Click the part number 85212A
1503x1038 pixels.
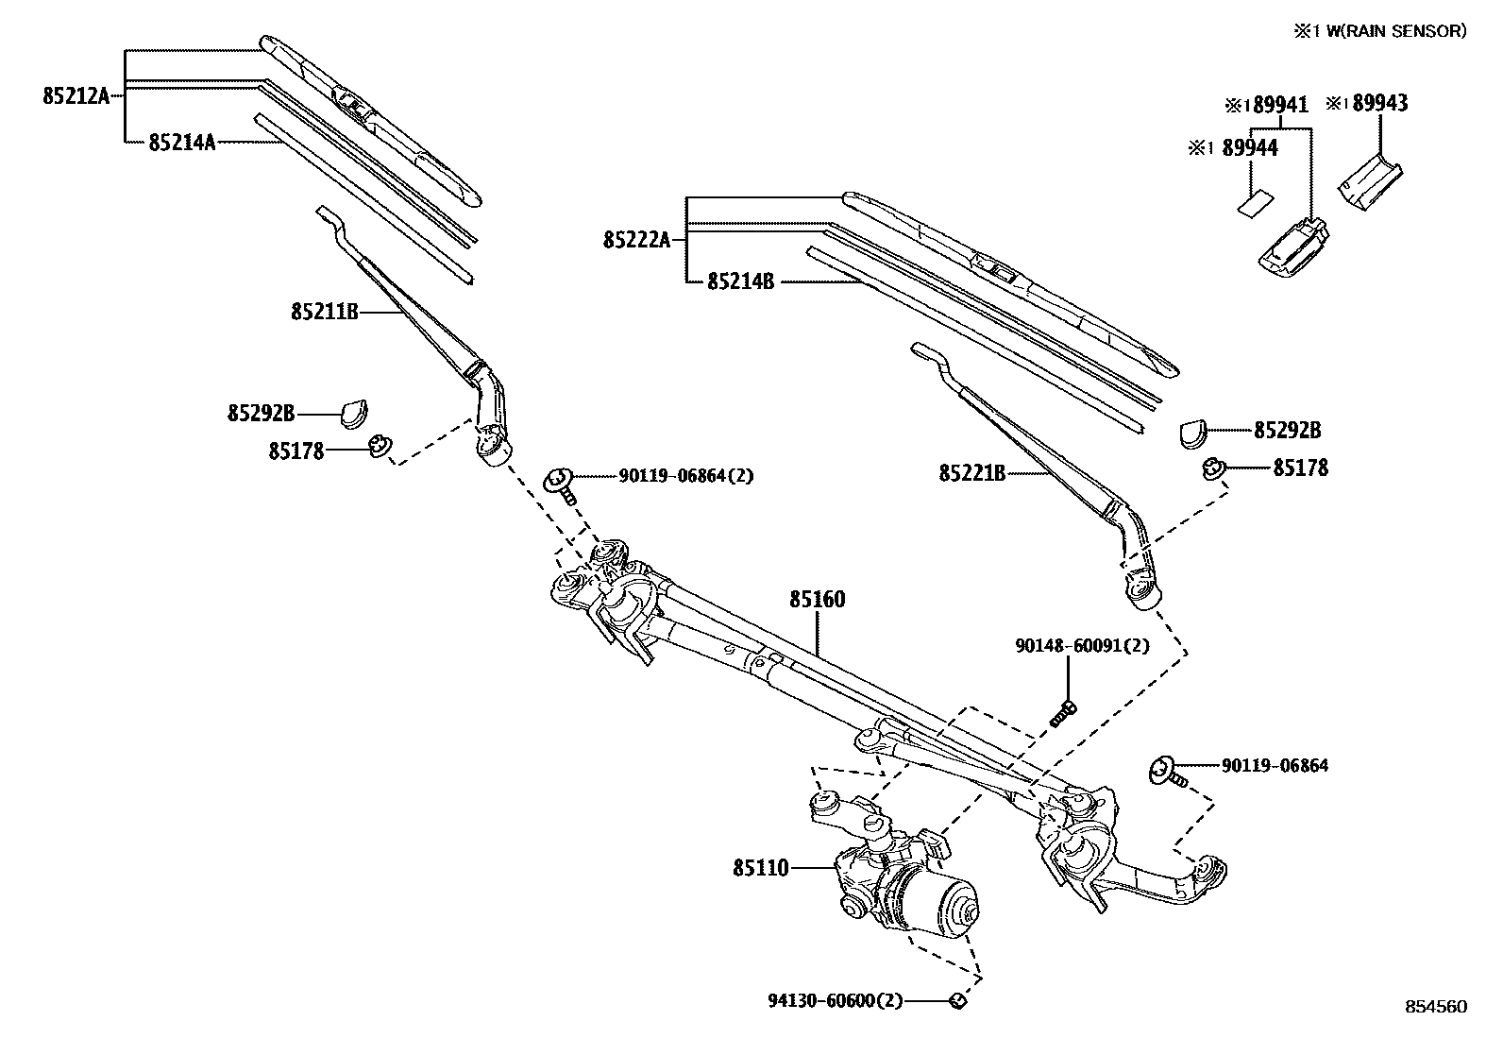76,95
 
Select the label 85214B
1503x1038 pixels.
740,281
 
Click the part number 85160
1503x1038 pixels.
817,599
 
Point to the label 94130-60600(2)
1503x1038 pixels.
846,999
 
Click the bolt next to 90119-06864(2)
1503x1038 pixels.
561,484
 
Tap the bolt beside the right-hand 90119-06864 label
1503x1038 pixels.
1166,771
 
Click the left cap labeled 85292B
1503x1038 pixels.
354,413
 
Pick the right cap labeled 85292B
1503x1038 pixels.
1192,431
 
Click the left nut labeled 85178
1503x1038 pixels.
380,446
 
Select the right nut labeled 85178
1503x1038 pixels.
1213,467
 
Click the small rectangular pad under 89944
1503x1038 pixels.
1254,204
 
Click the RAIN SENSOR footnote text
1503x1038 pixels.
1380,31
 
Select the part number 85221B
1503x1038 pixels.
971,472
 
